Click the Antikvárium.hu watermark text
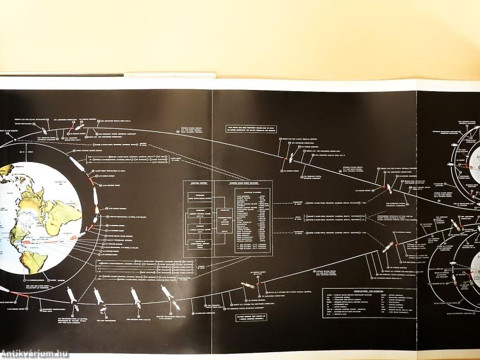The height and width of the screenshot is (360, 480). coord(35,353)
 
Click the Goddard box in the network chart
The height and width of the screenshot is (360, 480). coord(223,220)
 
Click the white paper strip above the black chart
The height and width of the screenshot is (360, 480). coord(169,75)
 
